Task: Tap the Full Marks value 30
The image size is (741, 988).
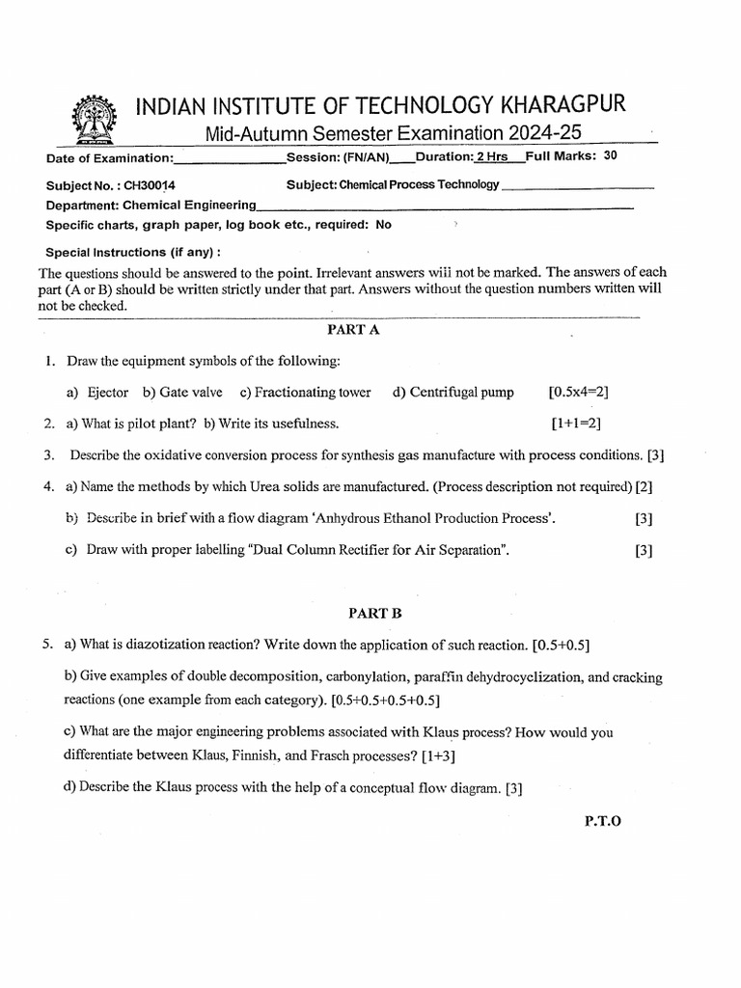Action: tap(610, 156)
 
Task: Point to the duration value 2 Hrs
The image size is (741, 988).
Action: tap(491, 157)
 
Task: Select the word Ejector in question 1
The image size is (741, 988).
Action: tap(107, 392)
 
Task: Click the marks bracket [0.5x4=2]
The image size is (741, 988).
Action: tap(578, 392)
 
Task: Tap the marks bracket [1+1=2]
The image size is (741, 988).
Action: tap(577, 423)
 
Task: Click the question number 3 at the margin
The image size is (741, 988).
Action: tap(47, 454)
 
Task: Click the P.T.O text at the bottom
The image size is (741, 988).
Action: tap(603, 820)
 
